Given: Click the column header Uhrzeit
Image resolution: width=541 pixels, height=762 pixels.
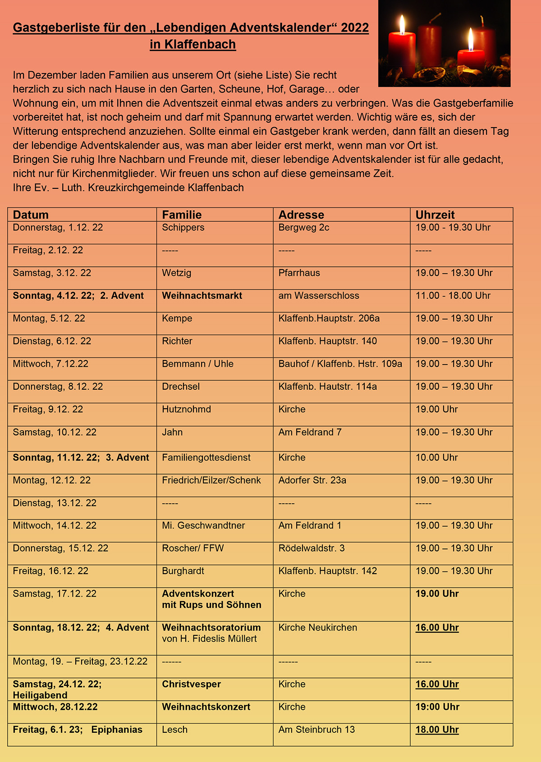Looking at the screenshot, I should click(x=435, y=215).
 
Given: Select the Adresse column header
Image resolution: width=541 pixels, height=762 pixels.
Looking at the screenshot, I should click(x=301, y=215).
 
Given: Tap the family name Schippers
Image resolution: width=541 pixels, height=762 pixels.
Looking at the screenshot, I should click(x=183, y=228).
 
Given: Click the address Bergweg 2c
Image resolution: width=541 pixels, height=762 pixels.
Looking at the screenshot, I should click(x=304, y=228).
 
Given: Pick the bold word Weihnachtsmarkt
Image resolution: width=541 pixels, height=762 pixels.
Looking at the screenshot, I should click(x=202, y=296).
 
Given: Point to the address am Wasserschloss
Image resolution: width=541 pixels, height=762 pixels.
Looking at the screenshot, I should click(x=319, y=296).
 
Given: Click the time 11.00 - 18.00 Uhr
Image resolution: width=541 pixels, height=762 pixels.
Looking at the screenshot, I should click(x=453, y=296).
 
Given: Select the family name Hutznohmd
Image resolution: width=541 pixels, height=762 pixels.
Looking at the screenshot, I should click(x=186, y=409).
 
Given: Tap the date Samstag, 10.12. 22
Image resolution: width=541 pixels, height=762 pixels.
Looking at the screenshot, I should click(x=55, y=432).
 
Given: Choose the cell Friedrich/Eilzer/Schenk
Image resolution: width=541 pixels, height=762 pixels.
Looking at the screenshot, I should click(x=211, y=480).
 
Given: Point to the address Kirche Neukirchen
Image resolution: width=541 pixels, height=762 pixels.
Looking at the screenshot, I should click(x=318, y=628).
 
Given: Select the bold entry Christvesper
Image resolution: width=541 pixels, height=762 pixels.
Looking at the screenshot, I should click(x=192, y=684).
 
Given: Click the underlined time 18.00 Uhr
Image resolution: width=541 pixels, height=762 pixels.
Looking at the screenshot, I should click(x=437, y=730).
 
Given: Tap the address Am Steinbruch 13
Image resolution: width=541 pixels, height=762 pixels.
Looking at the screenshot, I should click(x=316, y=730).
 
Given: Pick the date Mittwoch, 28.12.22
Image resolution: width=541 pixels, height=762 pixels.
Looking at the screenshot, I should click(x=55, y=707).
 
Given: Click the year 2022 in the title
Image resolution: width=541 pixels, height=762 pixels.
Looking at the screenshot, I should click(x=355, y=28).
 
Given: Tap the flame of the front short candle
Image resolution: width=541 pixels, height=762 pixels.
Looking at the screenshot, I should click(x=470, y=40).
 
